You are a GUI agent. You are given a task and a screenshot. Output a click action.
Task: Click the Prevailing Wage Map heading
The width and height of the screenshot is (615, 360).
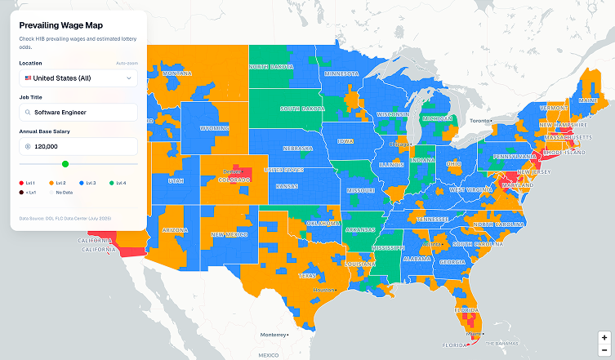(x=61, y=25)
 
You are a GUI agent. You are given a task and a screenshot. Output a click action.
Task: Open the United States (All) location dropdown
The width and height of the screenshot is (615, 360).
(x=78, y=78)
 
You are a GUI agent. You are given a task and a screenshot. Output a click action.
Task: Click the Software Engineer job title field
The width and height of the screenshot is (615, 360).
(x=78, y=112)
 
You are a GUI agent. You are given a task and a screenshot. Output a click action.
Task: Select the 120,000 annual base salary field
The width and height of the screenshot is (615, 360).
(x=78, y=146)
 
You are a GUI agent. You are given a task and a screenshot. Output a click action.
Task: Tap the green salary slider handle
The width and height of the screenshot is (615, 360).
(x=65, y=164)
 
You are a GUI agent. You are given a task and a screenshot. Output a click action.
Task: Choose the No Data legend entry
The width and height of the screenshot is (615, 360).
(x=64, y=193)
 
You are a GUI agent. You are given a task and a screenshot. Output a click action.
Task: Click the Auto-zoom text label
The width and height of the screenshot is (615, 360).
(x=127, y=63)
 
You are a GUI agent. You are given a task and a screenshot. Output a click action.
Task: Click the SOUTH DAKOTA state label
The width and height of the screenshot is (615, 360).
(x=301, y=108)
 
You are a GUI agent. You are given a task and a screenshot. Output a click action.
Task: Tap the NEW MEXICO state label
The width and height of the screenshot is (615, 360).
(x=230, y=234)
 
